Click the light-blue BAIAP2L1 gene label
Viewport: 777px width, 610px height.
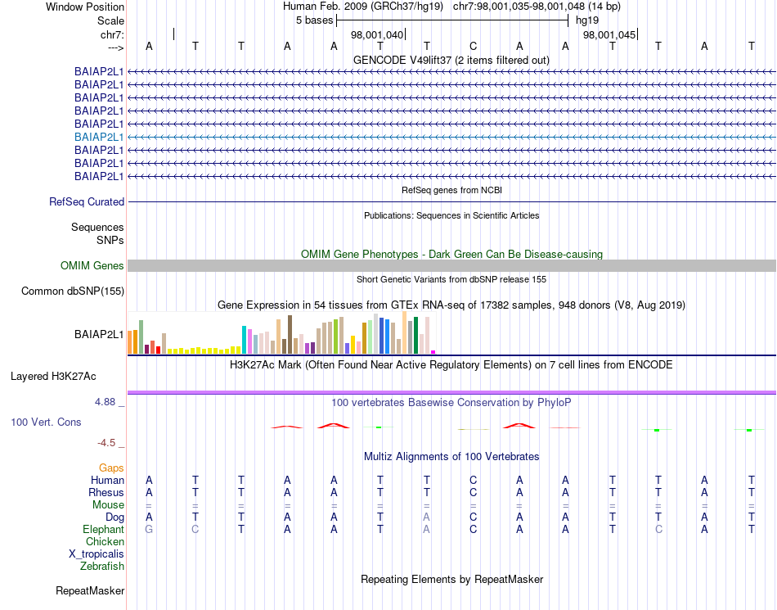(99, 137)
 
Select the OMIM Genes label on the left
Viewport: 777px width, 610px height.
(92, 265)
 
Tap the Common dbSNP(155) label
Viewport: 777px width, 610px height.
(73, 291)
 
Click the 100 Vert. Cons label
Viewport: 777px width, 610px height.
(46, 422)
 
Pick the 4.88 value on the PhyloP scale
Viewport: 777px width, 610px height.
(106, 402)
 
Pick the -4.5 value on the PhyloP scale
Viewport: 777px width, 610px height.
(107, 443)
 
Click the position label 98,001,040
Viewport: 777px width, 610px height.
(377, 35)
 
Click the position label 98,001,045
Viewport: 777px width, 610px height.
(609, 35)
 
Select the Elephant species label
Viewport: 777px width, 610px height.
(104, 530)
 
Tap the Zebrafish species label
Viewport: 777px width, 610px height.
(102, 566)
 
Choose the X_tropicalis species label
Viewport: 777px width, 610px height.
(97, 554)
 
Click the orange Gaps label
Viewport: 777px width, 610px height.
(111, 468)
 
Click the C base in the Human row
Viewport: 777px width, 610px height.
(473, 481)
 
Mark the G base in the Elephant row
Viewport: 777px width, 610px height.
(148, 530)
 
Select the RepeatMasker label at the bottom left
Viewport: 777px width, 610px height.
(90, 590)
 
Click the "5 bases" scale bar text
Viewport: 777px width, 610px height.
(314, 20)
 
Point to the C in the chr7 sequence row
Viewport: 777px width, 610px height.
(473, 46)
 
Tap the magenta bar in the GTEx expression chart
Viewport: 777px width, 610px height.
(433, 351)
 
